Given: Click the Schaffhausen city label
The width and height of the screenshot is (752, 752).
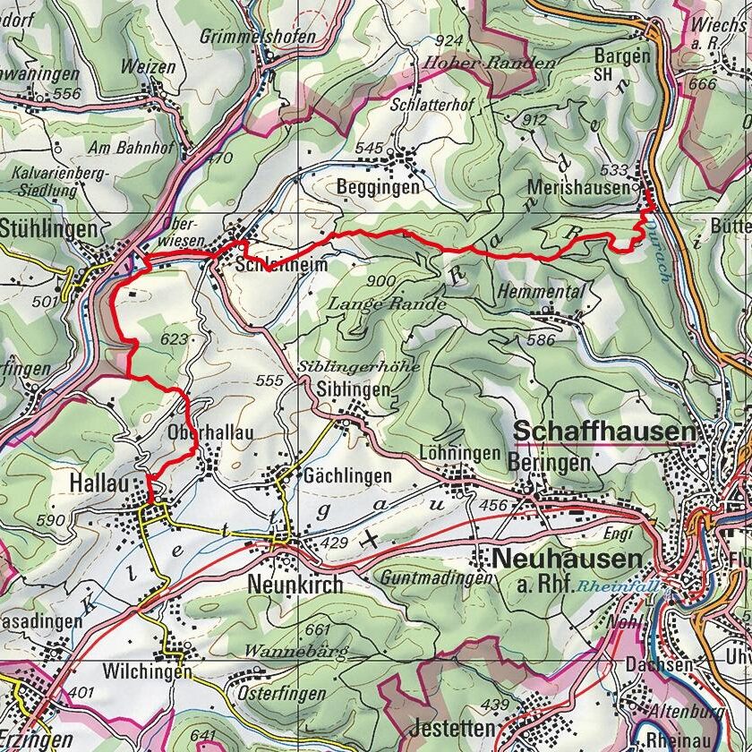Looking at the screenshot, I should [604, 432].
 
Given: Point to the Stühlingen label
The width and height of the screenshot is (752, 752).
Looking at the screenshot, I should [48, 229].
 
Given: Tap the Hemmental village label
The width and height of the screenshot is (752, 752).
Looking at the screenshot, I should [543, 292].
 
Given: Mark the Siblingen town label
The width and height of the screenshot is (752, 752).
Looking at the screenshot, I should [355, 389].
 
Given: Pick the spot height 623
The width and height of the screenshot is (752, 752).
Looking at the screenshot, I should [175, 339].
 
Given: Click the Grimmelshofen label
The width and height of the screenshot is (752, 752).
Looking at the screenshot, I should [259, 37].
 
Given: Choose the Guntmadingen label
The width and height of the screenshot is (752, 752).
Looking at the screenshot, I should [435, 578].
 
